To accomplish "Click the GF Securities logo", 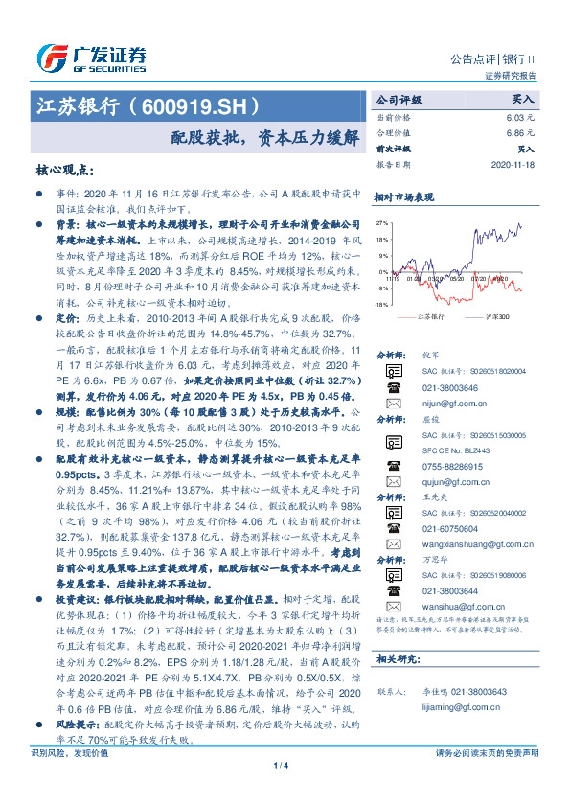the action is pyautogui.click(x=90, y=58).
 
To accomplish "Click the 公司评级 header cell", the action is pyautogui.click(x=399, y=99).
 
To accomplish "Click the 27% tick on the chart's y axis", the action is pyautogui.click(x=382, y=224).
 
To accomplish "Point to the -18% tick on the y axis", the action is pyautogui.click(x=381, y=304).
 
